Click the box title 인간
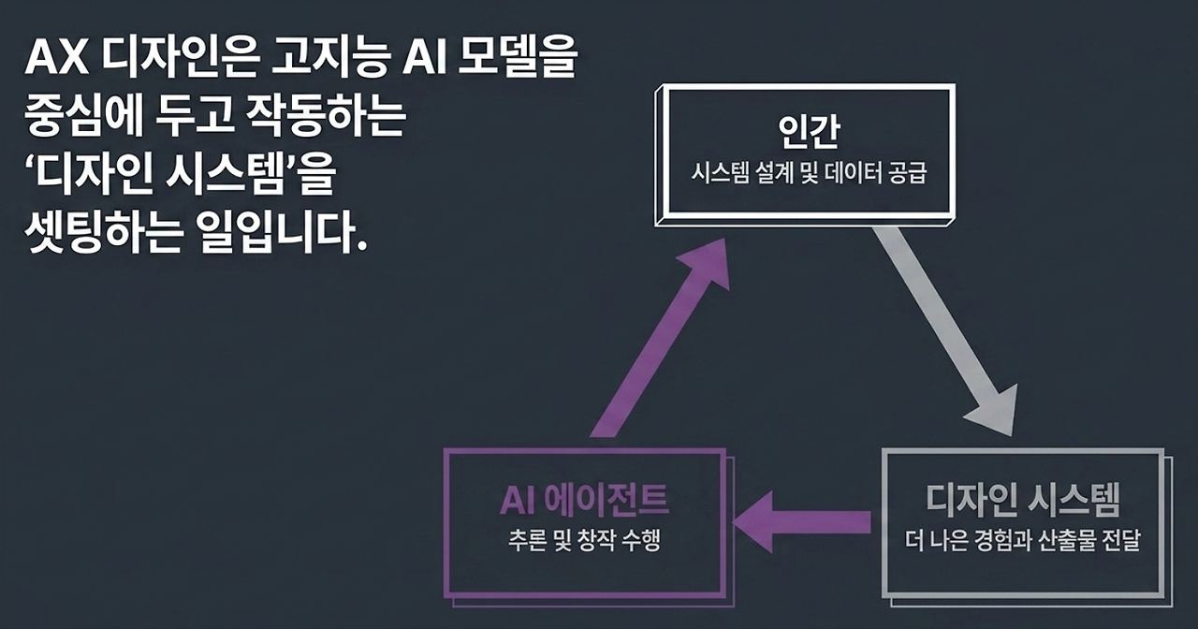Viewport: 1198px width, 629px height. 808,131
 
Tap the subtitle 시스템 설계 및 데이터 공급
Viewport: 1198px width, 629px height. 809,173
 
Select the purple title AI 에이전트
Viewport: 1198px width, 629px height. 584,500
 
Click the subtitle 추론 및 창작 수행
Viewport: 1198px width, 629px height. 585,540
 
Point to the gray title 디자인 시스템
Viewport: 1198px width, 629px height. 1023,500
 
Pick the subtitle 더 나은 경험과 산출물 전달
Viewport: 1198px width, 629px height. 1023,540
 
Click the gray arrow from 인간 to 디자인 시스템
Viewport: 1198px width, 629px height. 945,331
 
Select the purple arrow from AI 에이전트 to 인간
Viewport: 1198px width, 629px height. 661,338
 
